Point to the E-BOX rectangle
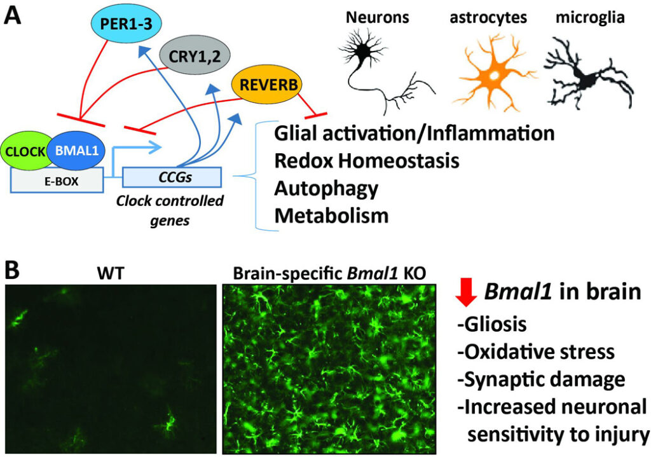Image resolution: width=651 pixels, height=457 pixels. point(57,181)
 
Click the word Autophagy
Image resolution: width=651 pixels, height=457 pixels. point(326,188)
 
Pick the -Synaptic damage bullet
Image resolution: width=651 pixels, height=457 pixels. point(541,379)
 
